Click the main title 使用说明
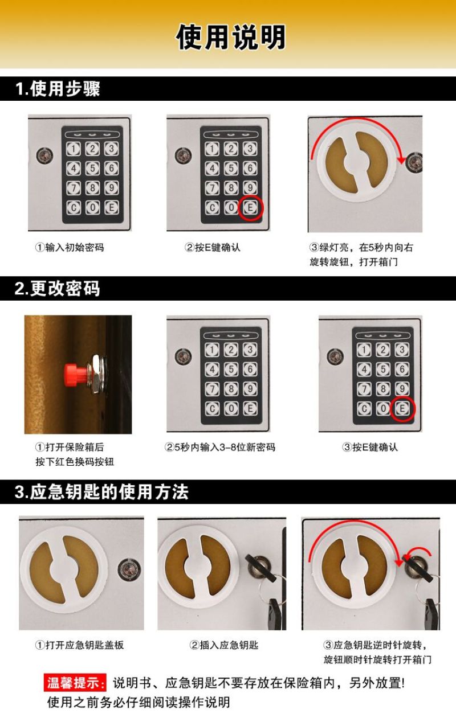[x=231, y=37]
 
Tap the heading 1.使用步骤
[x=58, y=89]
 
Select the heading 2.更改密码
[x=57, y=289]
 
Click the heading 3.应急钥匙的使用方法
[x=101, y=492]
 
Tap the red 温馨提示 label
[x=75, y=683]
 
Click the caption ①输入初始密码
[x=70, y=248]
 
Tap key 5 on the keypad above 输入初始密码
[x=92, y=168]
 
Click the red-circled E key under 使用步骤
[x=250, y=207]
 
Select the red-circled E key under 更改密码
[x=402, y=408]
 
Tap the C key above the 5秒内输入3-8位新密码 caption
[x=212, y=409]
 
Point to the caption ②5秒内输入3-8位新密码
[x=220, y=448]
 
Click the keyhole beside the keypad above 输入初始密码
[x=44, y=155]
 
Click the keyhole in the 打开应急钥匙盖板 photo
[x=129, y=569]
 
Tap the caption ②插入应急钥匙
[x=223, y=645]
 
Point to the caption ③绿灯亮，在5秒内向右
[x=361, y=248]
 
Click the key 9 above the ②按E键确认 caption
[x=250, y=187]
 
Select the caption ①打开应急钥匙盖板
[x=79, y=645]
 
